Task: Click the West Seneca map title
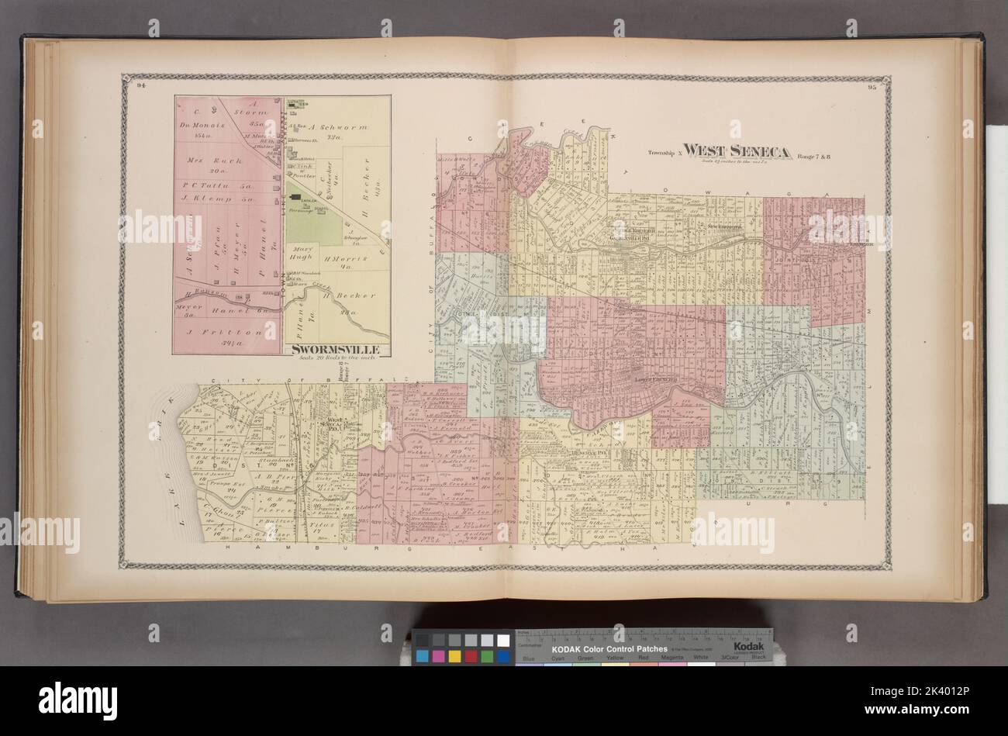pyautogui.click(x=736, y=150)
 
